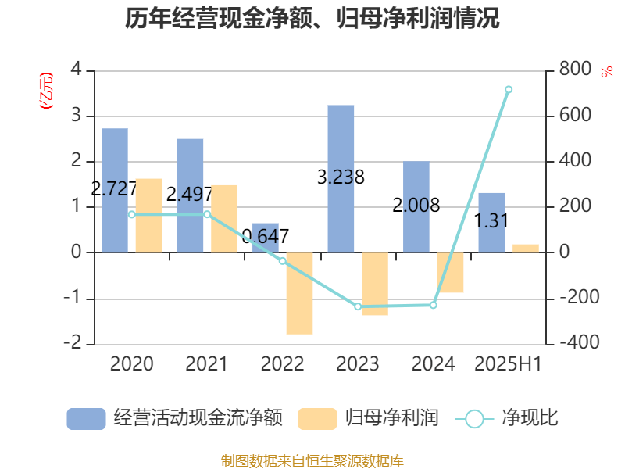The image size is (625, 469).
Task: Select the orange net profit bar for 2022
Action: (299, 293)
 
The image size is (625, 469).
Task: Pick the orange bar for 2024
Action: (450, 273)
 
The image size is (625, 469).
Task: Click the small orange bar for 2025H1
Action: (526, 248)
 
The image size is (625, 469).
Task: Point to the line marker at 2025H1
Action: (509, 89)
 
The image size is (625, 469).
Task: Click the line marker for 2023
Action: (358, 306)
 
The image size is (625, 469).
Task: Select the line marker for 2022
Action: (283, 260)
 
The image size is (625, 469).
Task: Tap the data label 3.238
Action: (341, 177)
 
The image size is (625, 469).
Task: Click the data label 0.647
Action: (266, 236)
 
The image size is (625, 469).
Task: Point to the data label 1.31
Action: (491, 221)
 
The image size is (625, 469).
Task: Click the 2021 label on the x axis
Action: (206, 363)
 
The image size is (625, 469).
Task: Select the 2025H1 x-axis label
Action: (509, 363)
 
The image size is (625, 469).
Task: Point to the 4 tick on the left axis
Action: (76, 70)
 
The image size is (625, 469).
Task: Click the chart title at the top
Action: (312, 18)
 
